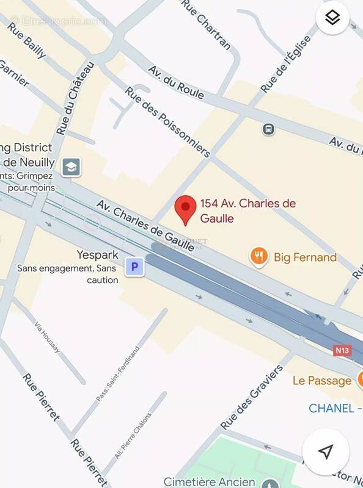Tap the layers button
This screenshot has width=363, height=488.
(x=332, y=18)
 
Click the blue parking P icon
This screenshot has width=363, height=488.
(x=134, y=267)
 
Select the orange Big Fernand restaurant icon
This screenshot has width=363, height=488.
(x=259, y=257)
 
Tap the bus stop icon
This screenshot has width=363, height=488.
(x=268, y=129)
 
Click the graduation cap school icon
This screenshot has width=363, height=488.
(x=71, y=167)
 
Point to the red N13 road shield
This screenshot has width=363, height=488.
(x=342, y=351)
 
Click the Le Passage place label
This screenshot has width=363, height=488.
(x=321, y=381)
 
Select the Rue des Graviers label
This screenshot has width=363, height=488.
(x=251, y=396)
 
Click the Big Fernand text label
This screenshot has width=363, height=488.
(x=305, y=257)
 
